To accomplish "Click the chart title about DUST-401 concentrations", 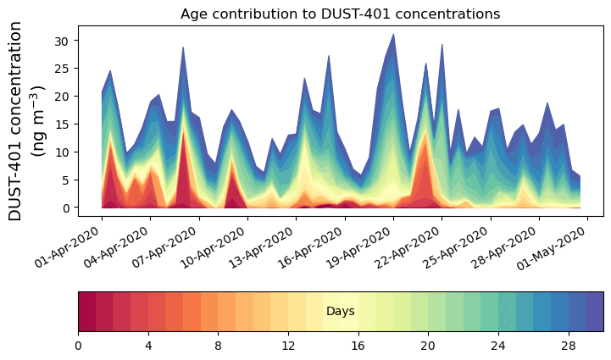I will (x=340, y=14).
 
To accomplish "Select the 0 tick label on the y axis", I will (x=69, y=208).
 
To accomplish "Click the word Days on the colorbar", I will (x=340, y=312).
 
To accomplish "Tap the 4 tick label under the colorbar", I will (x=148, y=346).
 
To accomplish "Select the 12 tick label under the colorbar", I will (x=288, y=346).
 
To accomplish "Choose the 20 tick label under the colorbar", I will (x=428, y=346).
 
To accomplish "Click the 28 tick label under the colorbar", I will (x=568, y=346).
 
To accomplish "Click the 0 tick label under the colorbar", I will (x=78, y=346).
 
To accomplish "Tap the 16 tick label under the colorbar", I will (x=358, y=346).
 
